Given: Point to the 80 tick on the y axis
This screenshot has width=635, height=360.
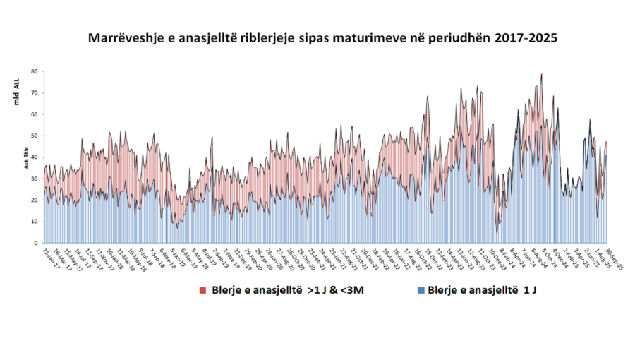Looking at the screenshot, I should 34,71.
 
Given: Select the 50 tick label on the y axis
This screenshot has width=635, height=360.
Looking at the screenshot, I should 34,136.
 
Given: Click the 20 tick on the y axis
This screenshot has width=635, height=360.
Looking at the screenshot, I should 34,200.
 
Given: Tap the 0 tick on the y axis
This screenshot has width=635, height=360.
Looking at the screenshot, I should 35,243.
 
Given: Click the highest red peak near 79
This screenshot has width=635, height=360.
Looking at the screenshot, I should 542,75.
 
